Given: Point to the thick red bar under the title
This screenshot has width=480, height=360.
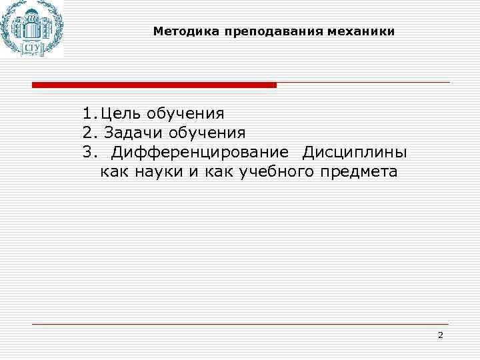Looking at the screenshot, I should (154, 85).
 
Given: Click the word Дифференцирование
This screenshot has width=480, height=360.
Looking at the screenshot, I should (200, 153).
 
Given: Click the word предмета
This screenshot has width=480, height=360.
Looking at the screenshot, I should (361, 172).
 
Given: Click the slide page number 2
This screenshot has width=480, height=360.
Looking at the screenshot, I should (440, 335).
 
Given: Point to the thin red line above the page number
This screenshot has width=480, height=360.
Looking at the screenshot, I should (240, 324).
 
